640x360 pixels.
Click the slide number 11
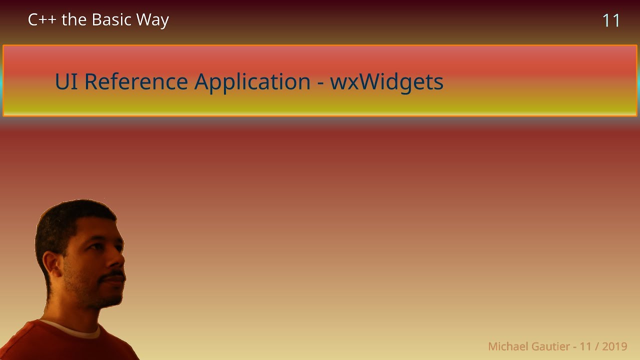click(x=611, y=20)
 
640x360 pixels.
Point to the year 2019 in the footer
click(x=614, y=346)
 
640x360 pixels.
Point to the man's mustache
click(x=114, y=275)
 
